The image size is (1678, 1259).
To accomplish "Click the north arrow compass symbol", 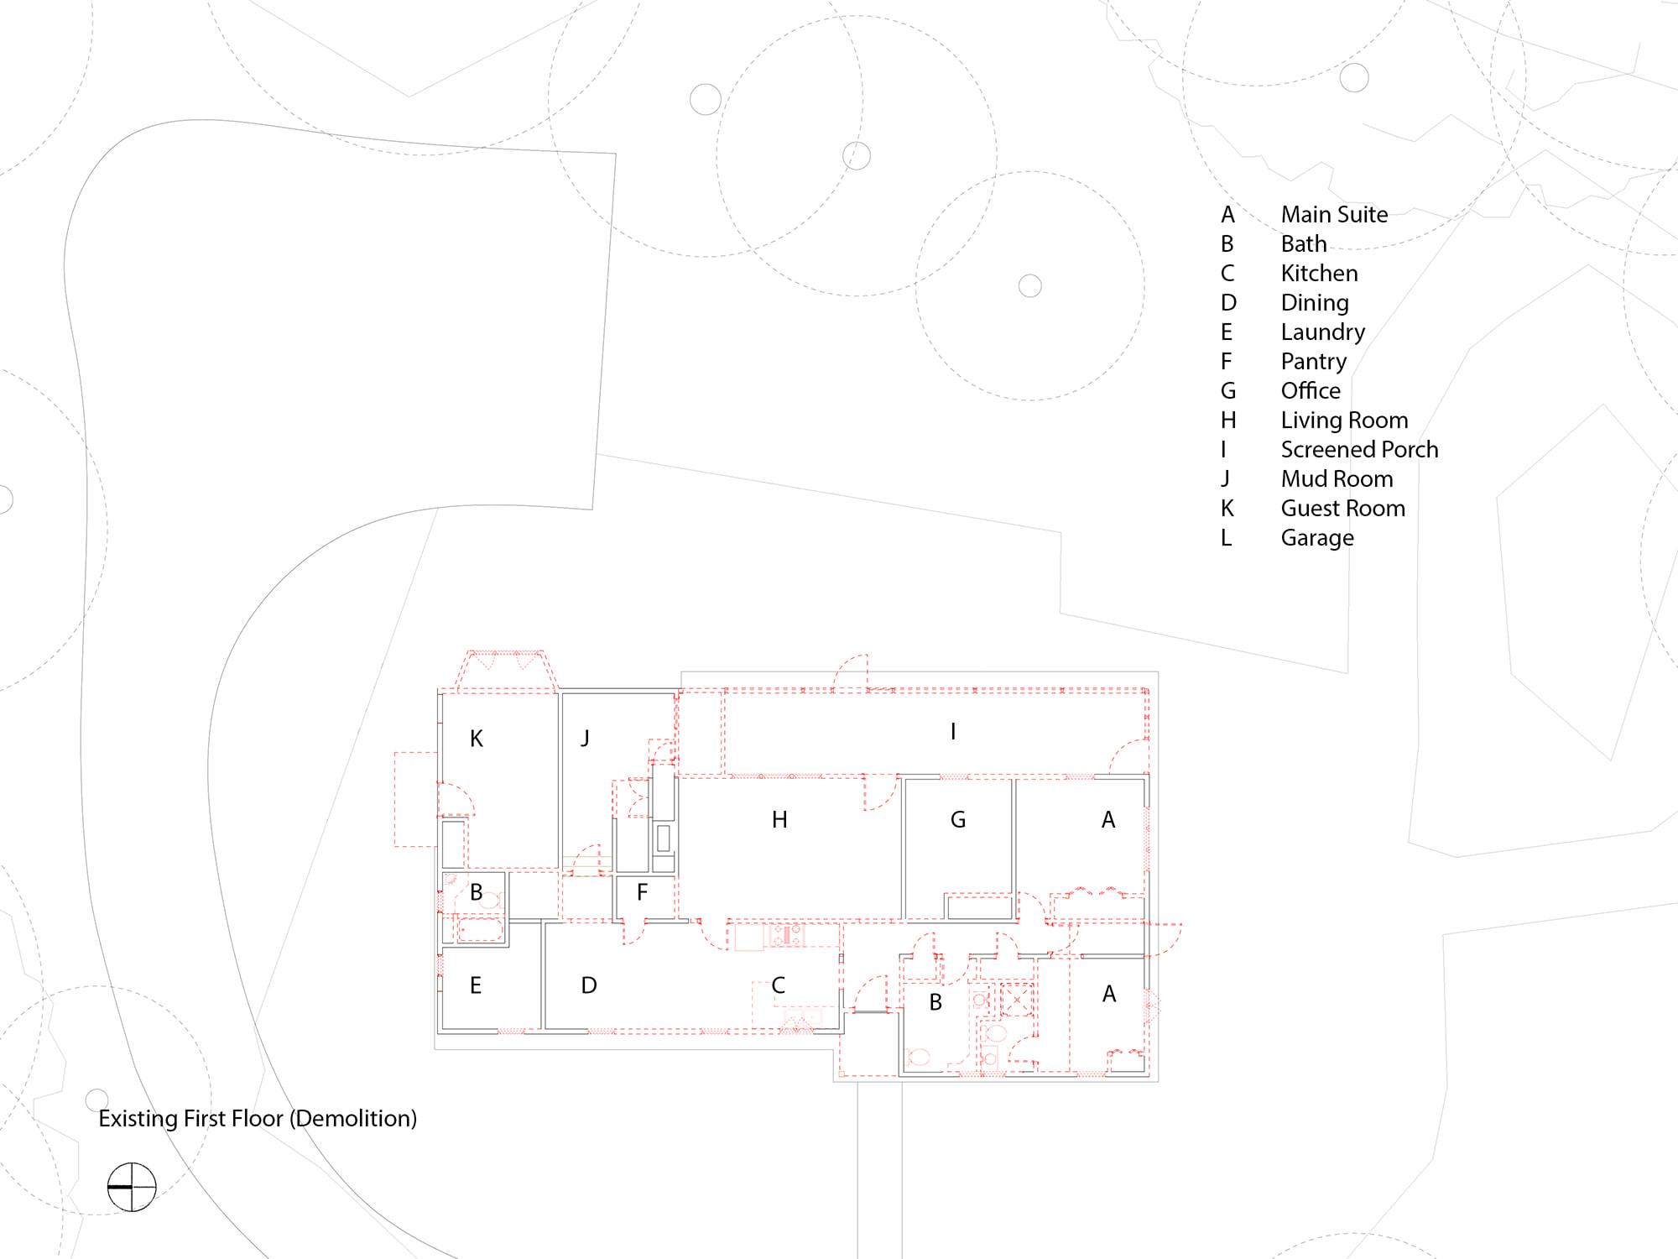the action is pyautogui.click(x=132, y=1187).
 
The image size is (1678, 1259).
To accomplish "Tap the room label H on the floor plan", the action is pyautogui.click(x=779, y=819).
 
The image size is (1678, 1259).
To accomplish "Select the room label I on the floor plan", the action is pyautogui.click(x=953, y=732).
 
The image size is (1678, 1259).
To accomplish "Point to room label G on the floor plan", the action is pyautogui.click(x=958, y=819).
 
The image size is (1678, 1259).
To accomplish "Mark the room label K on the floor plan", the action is pyautogui.click(x=477, y=739).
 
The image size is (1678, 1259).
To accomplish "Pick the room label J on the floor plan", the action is pyautogui.click(x=585, y=738).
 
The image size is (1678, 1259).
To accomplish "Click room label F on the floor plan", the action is pyautogui.click(x=642, y=891).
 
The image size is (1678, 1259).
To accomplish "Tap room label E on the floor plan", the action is pyautogui.click(x=476, y=985).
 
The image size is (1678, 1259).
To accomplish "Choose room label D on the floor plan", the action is pyautogui.click(x=589, y=985).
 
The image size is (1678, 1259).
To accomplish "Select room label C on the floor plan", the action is pyautogui.click(x=779, y=985).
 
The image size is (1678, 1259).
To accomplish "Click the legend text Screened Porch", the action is pyautogui.click(x=1359, y=449).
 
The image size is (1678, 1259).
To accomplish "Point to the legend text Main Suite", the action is pyautogui.click(x=1334, y=214).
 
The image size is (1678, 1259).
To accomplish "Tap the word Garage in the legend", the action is pyautogui.click(x=1317, y=538).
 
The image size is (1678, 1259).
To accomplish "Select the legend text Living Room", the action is pyautogui.click(x=1344, y=420).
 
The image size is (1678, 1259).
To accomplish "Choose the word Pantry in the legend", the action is pyautogui.click(x=1313, y=362).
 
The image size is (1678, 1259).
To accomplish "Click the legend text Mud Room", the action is pyautogui.click(x=1337, y=478).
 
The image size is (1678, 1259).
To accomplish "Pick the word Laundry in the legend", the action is pyautogui.click(x=1323, y=332).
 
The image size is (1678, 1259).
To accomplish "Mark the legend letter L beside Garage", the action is pyautogui.click(x=1226, y=537).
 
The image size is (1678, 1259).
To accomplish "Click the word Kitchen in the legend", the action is pyautogui.click(x=1319, y=273).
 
